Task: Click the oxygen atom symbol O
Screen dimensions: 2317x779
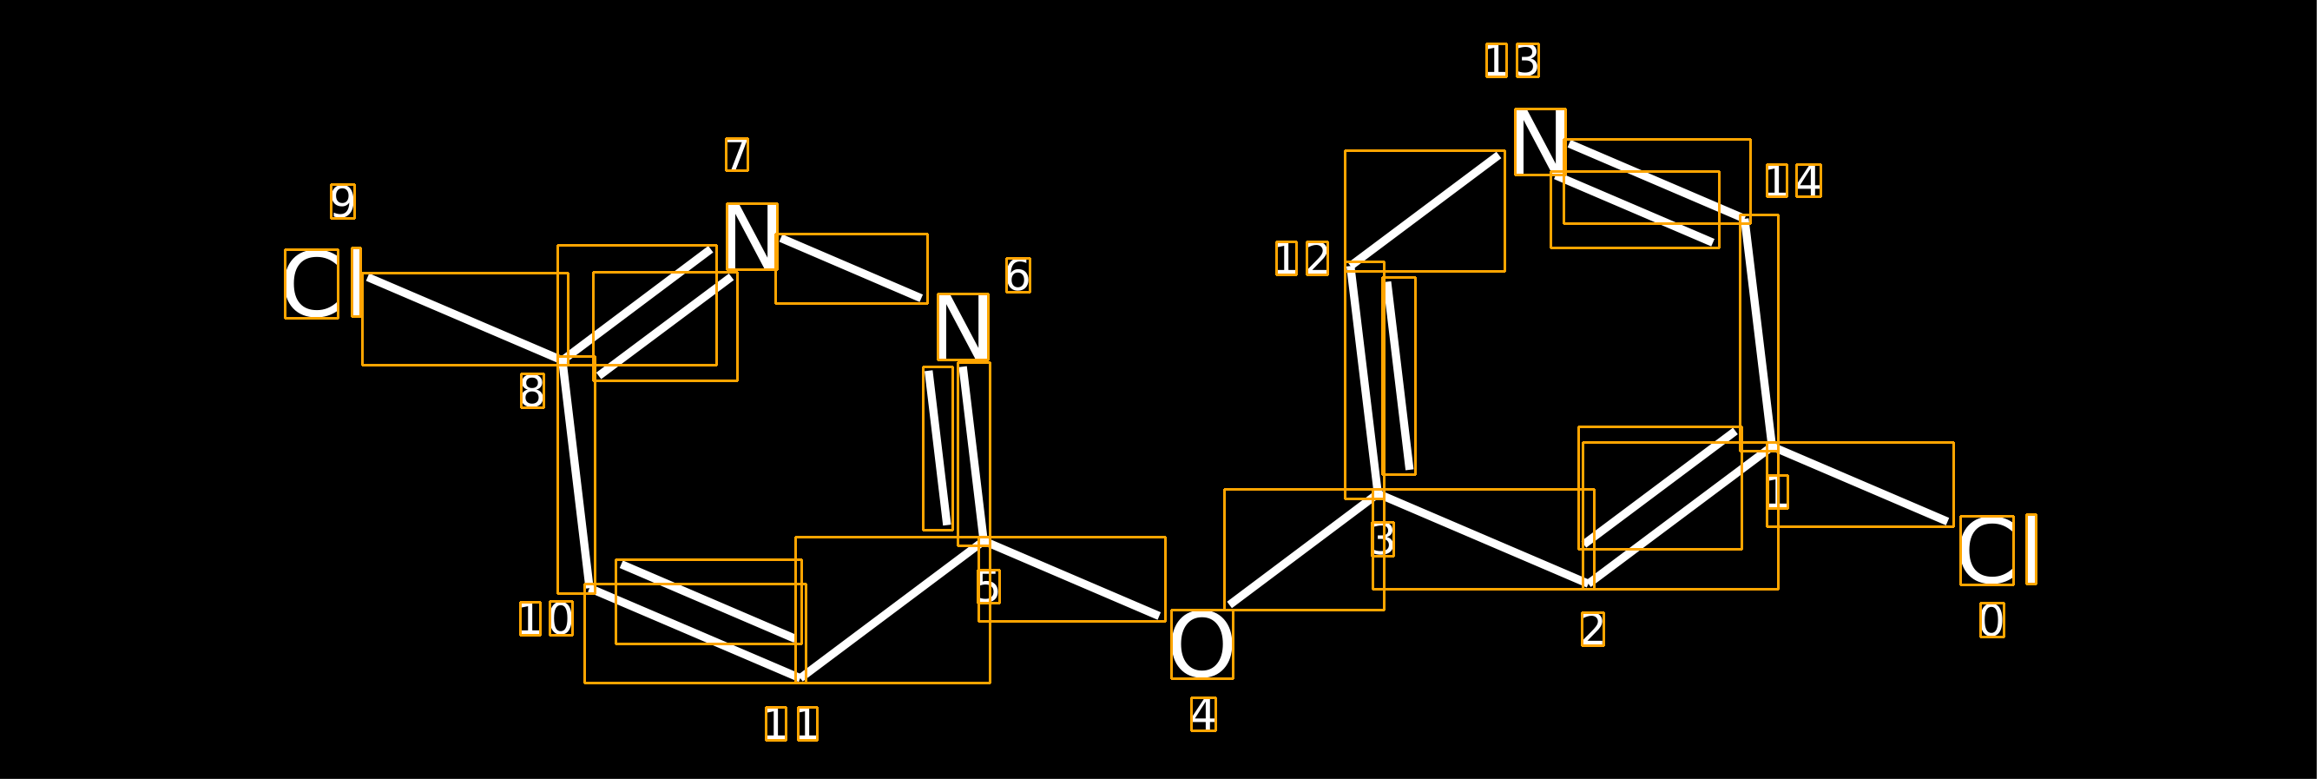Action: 1201,644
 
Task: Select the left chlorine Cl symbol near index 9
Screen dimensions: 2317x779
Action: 323,283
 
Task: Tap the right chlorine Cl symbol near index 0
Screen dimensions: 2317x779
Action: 1998,550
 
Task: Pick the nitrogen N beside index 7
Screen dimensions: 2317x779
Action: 752,236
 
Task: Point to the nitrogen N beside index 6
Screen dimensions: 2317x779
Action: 964,327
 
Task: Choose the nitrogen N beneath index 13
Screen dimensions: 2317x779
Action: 1540,142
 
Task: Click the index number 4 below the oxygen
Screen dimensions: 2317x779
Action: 1203,714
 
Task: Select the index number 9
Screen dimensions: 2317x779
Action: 343,201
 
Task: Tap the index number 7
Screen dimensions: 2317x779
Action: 737,155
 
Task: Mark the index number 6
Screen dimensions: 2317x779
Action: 1018,275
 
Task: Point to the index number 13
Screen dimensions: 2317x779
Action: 1512,60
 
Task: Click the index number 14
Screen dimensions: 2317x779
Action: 1794,181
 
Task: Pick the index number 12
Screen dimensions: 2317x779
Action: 1302,258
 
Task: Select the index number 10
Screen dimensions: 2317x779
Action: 546,619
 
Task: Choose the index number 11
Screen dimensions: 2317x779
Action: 792,724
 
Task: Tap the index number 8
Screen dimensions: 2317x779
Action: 532,392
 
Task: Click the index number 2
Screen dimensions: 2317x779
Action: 1593,629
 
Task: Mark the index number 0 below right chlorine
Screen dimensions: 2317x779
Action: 1992,621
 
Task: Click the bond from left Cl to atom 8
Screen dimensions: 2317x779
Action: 465,320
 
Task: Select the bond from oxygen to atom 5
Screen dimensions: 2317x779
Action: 1072,579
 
